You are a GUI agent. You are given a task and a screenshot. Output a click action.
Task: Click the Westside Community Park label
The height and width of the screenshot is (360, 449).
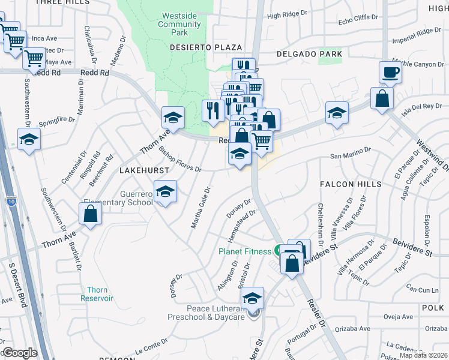[179, 24]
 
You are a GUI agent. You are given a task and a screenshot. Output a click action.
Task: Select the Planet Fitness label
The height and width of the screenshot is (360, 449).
[245, 251]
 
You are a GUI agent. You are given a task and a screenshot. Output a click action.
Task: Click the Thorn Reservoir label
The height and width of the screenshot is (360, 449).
[97, 294]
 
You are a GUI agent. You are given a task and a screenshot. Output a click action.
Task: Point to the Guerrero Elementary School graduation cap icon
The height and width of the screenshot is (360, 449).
[165, 193]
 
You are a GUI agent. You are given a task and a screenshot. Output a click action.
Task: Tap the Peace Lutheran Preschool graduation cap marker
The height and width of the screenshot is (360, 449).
[253, 298]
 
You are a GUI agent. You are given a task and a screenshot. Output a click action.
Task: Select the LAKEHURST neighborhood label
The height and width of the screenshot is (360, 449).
[142, 171]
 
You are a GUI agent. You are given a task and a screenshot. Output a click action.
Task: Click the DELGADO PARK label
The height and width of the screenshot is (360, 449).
[309, 54]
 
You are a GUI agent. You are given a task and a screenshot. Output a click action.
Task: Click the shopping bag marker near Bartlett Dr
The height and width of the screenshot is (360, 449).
[90, 214]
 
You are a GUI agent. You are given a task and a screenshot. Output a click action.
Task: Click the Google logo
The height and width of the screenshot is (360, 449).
[19, 353]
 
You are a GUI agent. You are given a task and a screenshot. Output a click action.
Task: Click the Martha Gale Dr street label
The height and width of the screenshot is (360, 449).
[200, 208]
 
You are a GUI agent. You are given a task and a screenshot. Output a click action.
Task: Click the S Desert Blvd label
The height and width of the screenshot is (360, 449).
[17, 285]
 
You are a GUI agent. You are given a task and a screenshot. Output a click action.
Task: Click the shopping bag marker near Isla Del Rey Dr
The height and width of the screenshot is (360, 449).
[382, 98]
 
